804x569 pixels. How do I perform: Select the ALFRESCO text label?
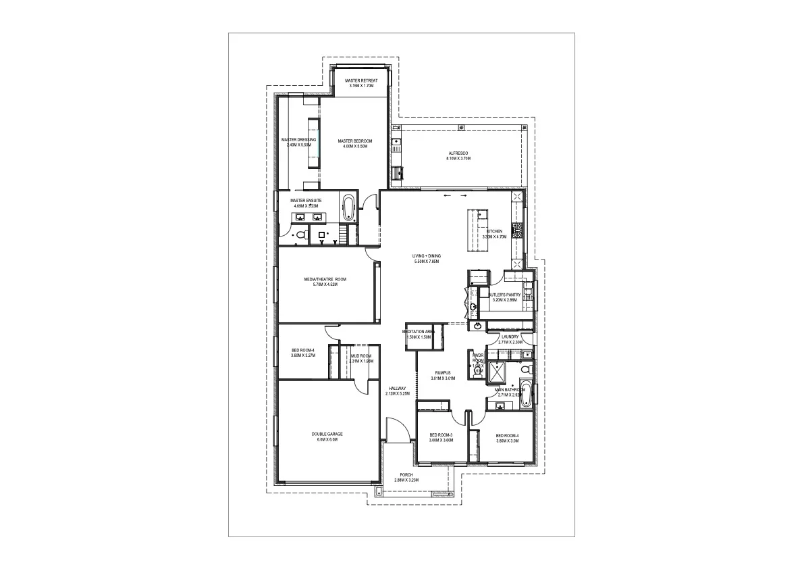point(458,153)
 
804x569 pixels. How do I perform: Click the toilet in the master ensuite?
point(302,235)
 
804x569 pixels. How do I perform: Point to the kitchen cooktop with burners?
point(518,230)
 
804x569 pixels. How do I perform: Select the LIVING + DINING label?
point(427,256)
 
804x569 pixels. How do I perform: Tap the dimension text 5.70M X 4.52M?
point(325,284)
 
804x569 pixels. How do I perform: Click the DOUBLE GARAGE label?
point(327,434)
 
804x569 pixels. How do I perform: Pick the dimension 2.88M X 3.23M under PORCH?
point(406,480)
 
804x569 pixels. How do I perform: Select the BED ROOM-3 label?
point(441,435)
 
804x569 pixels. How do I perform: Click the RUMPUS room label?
point(443,372)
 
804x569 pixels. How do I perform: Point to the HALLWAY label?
point(397,388)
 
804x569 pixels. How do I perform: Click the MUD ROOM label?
point(361,356)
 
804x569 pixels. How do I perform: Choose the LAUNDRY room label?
point(510,337)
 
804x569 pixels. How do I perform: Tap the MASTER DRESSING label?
point(298,140)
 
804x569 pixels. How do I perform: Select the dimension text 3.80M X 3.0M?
point(507,441)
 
